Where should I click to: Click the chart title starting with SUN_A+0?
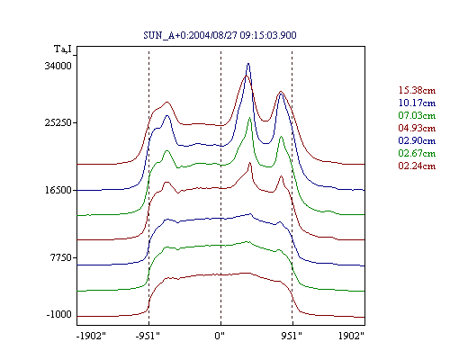[x=220, y=35]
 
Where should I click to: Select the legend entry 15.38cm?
[x=417, y=90]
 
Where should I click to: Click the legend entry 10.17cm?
[x=417, y=103]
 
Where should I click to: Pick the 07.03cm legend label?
[x=417, y=115]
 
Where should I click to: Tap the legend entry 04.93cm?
[x=417, y=128]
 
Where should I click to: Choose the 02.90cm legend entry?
[x=417, y=140]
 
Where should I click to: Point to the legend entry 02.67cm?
[x=417, y=153]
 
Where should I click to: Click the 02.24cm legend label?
[x=417, y=166]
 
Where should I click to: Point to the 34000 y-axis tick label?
[x=58, y=66]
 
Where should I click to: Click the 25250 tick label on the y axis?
[x=58, y=122]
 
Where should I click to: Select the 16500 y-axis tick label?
[x=58, y=190]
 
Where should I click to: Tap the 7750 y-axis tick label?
[x=61, y=257]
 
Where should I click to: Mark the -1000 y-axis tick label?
[x=58, y=314]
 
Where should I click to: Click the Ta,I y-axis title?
[x=63, y=49]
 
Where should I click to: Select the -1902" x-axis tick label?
[x=91, y=336]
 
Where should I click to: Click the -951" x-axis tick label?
[x=148, y=336]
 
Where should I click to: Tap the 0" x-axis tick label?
[x=220, y=336]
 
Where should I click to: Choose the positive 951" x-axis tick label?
[x=292, y=336]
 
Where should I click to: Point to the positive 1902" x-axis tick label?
[x=351, y=336]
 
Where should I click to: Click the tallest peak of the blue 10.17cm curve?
[x=248, y=64]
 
